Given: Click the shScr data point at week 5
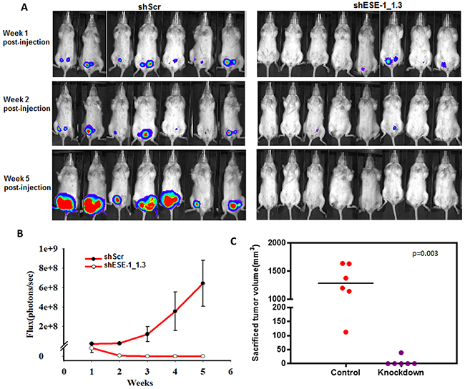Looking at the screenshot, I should (203, 283).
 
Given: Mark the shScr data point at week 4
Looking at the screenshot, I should (175, 311).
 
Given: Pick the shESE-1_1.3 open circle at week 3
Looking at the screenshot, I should (147, 355).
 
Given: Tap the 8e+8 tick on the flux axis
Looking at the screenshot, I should (48, 268).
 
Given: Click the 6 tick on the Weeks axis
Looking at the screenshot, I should (230, 371).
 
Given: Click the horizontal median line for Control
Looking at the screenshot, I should (346, 283).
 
